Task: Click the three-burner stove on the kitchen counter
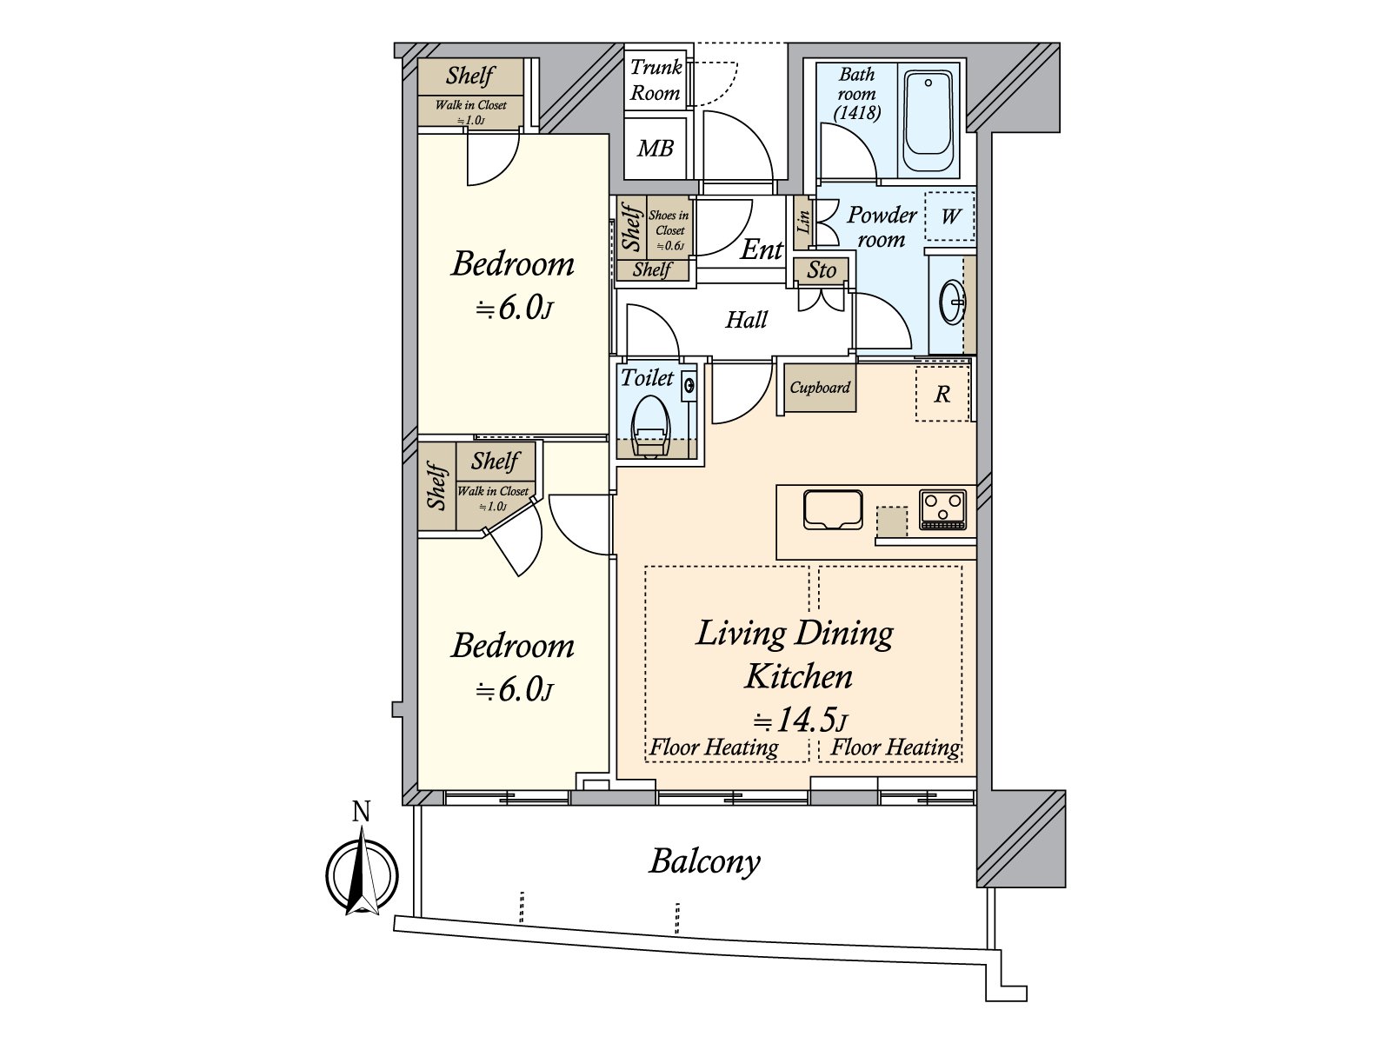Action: coord(943,508)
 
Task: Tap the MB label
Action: coord(656,149)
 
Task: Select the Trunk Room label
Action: coord(656,80)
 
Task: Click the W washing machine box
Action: coord(949,216)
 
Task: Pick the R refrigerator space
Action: coord(942,394)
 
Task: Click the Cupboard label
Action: coord(820,387)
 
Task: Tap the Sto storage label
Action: coord(822,270)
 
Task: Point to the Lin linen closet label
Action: coord(803,222)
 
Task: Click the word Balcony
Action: coord(704,862)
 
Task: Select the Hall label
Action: coord(746,320)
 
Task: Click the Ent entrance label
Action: coord(762,249)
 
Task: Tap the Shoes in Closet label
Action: coord(669,229)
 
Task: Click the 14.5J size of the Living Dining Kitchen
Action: coord(800,720)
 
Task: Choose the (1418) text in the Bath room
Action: coord(857,113)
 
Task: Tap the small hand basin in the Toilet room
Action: coord(689,385)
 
